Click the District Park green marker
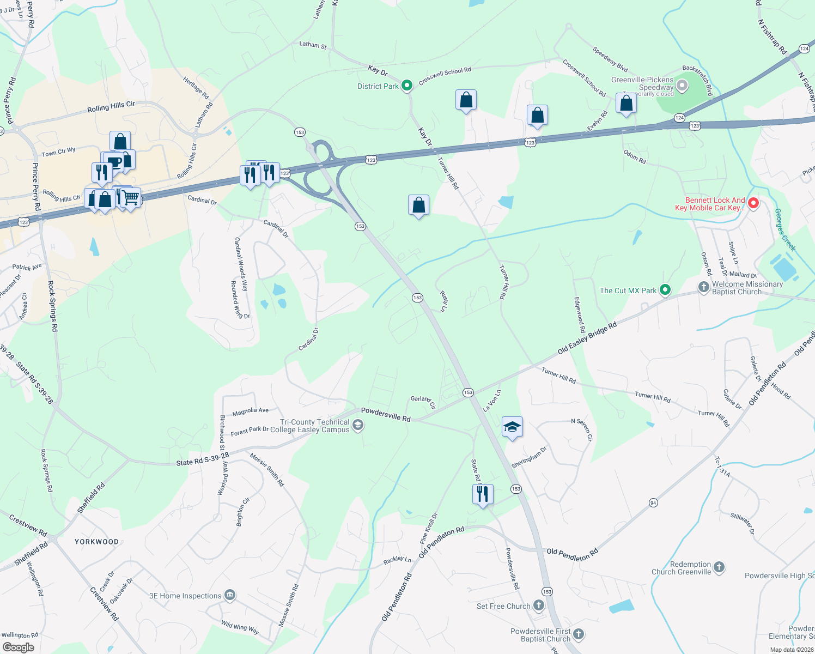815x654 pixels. (406, 86)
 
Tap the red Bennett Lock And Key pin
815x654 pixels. (753, 203)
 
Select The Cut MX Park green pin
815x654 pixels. (665, 290)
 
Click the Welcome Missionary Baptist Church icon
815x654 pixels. (704, 287)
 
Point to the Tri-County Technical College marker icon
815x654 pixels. (358, 425)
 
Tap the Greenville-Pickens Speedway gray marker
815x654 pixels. (682, 86)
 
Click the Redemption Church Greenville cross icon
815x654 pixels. (719, 567)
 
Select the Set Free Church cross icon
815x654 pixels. (538, 605)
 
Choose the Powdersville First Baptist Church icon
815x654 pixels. (579, 634)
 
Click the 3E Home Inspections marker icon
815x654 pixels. (230, 595)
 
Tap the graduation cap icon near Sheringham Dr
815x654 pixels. (512, 427)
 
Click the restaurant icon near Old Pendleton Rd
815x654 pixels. (483, 494)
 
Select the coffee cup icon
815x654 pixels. (114, 162)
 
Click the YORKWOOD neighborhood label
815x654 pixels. (96, 542)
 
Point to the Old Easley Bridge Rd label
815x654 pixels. (587, 338)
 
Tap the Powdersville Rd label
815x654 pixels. (386, 414)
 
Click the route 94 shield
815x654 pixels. (653, 502)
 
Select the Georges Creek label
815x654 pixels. (785, 229)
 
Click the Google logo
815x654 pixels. (19, 647)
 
